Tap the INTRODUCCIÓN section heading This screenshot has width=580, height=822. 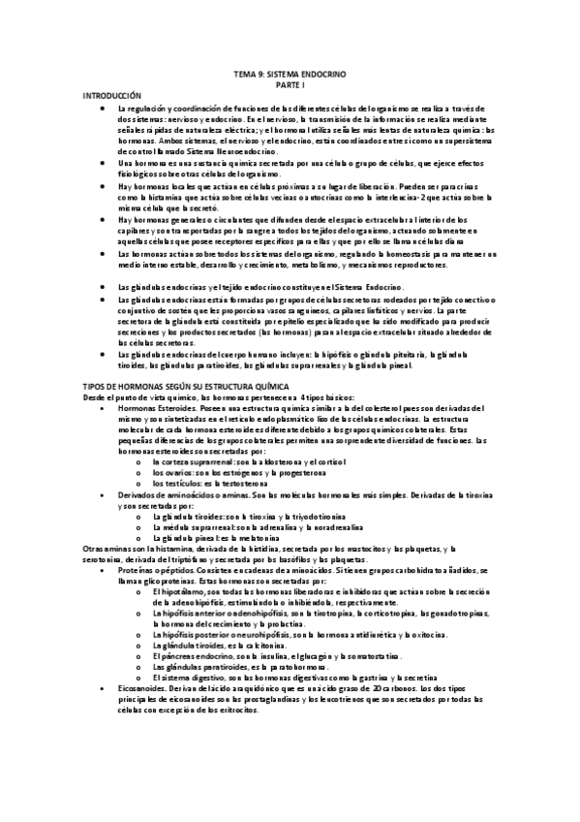[112, 96]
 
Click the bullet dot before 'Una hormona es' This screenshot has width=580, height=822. [104, 165]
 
